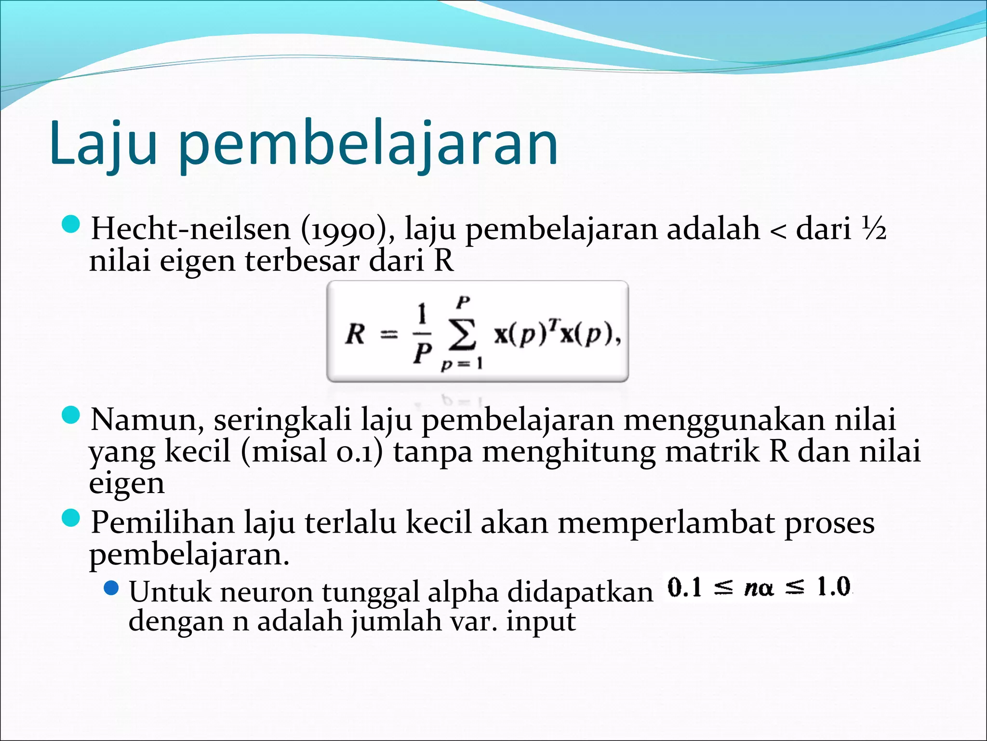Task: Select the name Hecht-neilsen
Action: pos(191,229)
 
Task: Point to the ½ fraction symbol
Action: pos(874,229)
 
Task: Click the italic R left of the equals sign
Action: pos(356,334)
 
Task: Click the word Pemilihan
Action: pos(162,522)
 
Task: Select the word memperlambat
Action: pos(666,522)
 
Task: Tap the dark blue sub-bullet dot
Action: pos(111,588)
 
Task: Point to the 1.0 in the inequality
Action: pos(833,587)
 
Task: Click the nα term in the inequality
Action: pos(759,588)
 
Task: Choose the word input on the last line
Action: pos(541,621)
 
